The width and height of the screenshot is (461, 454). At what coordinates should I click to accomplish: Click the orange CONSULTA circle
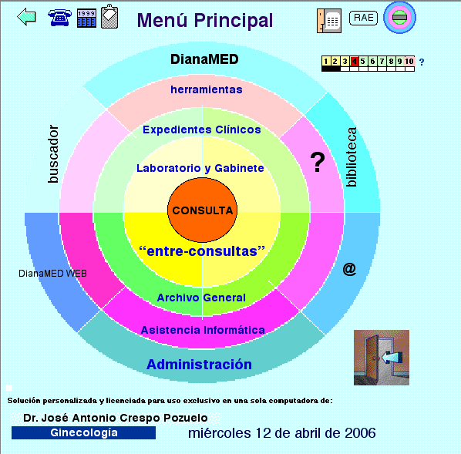click(x=202, y=210)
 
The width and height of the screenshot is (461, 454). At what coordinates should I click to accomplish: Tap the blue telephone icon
click(x=59, y=18)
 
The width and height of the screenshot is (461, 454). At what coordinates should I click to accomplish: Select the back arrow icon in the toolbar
click(x=26, y=17)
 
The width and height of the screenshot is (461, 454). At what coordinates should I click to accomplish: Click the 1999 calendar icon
click(x=86, y=18)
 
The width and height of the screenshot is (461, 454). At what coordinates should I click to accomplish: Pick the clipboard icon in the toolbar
click(x=109, y=16)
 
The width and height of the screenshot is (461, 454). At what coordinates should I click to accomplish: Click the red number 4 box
click(x=355, y=61)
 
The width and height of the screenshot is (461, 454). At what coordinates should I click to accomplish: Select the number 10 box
click(x=409, y=61)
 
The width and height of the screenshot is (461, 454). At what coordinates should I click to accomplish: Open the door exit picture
click(x=382, y=357)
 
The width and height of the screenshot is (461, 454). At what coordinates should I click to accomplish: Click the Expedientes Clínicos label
click(x=202, y=129)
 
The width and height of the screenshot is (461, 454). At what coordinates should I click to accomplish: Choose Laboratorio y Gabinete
click(x=200, y=168)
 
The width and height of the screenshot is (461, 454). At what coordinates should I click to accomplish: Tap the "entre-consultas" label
click(x=202, y=251)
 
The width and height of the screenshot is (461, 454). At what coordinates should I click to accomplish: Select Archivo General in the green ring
click(x=201, y=298)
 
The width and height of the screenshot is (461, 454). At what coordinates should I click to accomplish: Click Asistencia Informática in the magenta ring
click(x=203, y=330)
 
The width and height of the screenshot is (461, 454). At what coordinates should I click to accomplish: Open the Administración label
click(x=200, y=365)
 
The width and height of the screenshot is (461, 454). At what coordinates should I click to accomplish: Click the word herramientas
click(x=207, y=89)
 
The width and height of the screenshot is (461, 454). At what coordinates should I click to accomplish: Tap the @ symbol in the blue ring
click(x=349, y=269)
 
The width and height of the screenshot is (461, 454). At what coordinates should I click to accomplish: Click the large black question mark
click(x=318, y=162)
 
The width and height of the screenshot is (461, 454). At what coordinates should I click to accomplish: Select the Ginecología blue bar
click(x=83, y=433)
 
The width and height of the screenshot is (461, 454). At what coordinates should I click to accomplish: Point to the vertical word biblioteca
click(x=352, y=157)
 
